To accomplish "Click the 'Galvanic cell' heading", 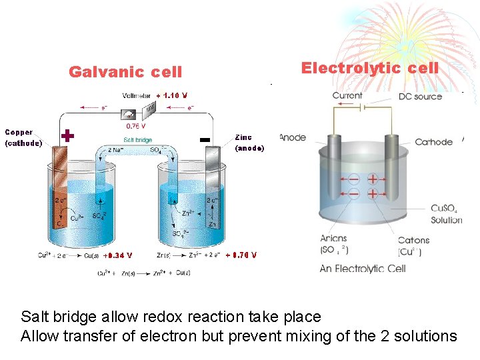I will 125,72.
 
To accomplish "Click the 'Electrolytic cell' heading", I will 369,68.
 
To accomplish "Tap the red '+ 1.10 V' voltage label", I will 172,95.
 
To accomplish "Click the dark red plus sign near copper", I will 67,136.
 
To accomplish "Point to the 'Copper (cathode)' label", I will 23,138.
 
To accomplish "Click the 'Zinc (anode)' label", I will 249,143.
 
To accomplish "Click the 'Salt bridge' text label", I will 137,140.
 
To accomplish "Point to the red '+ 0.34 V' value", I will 119,255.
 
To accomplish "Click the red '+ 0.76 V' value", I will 241,255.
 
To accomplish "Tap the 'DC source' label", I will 420,97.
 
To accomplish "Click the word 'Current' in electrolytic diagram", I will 347,96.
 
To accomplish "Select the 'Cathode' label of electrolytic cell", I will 433,142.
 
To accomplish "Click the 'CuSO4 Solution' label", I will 446,214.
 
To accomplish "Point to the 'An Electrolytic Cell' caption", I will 363,269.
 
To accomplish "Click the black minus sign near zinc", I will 205,139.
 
